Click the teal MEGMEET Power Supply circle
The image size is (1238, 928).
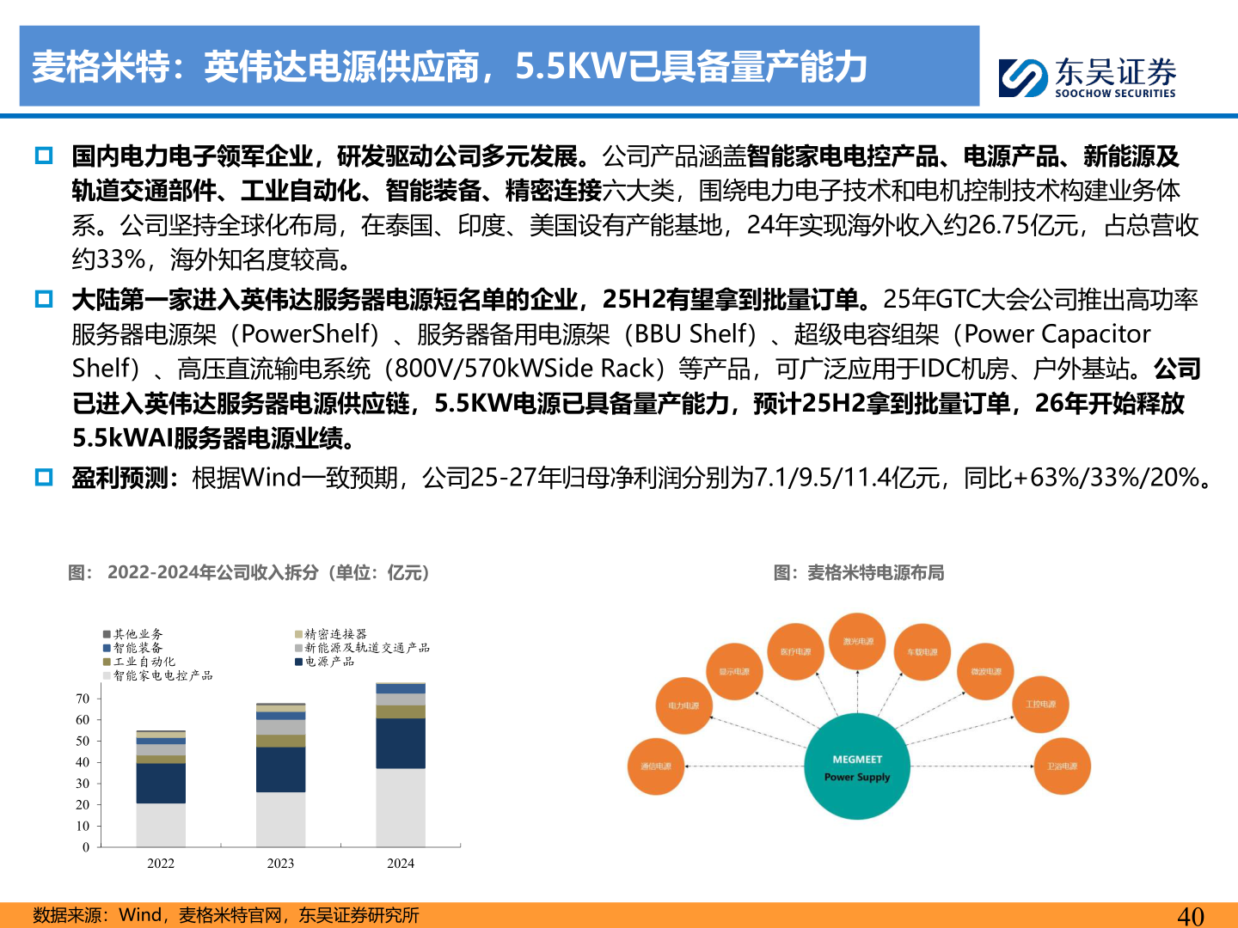(857, 766)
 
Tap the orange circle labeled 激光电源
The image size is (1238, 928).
(858, 641)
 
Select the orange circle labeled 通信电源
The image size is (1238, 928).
(656, 766)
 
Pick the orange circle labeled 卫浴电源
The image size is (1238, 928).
(1062, 766)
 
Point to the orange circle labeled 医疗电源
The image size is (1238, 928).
(795, 651)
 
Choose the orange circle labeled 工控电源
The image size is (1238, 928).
(1040, 704)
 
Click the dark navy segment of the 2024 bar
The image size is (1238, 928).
(401, 743)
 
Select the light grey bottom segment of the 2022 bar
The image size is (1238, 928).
(161, 825)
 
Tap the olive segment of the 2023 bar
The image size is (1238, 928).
(280, 741)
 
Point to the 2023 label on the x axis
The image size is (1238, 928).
(280, 864)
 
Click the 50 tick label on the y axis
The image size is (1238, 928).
(83, 741)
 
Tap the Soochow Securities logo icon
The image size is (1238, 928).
(1023, 77)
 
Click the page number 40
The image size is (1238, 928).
(1190, 916)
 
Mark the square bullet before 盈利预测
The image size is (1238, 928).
(44, 478)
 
